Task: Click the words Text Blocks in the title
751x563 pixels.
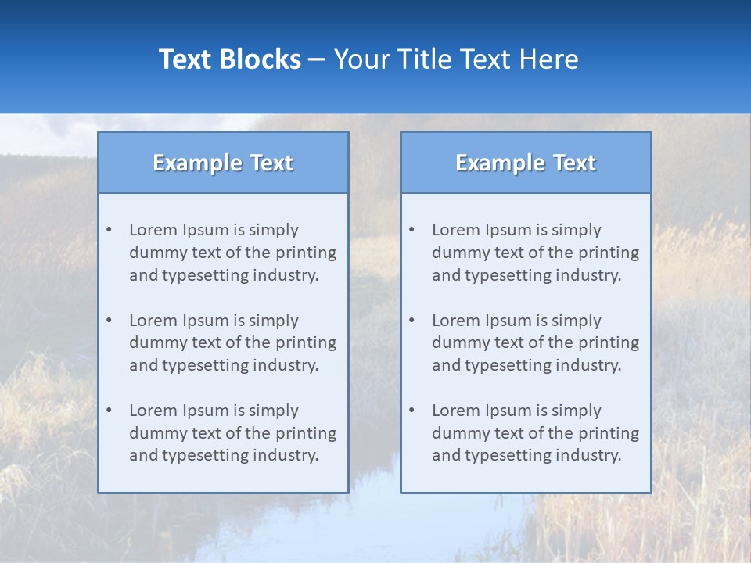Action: coord(229,59)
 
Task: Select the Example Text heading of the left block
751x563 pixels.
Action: coord(223,163)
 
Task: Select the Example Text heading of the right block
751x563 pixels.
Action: coord(526,163)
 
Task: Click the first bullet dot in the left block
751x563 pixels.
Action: coord(109,230)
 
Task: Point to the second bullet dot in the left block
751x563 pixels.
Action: coord(109,321)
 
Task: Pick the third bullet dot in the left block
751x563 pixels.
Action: coord(109,411)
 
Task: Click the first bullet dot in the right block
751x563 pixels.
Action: coord(411,230)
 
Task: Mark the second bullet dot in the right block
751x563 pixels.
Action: coord(411,321)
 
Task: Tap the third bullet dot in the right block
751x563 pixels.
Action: coord(411,411)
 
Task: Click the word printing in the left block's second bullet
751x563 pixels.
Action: coord(307,342)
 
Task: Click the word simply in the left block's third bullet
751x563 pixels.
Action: coord(275,411)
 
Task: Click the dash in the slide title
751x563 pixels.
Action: coord(317,60)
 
